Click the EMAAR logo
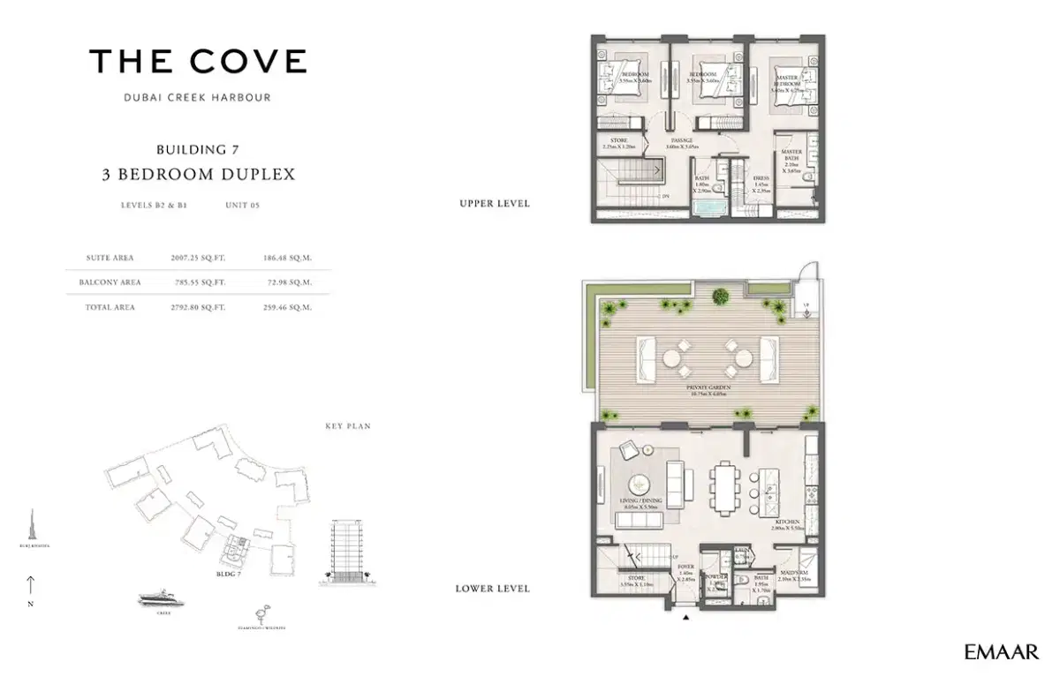[x=1002, y=652]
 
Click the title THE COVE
[x=198, y=61]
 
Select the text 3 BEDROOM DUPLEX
[x=198, y=174]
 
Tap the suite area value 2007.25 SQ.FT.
[x=199, y=258]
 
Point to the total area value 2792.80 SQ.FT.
[x=199, y=307]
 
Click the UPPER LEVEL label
[x=495, y=204]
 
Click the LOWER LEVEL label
[x=493, y=589]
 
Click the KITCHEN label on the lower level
[x=789, y=522]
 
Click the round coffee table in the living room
[x=640, y=484]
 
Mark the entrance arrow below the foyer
[x=685, y=619]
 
